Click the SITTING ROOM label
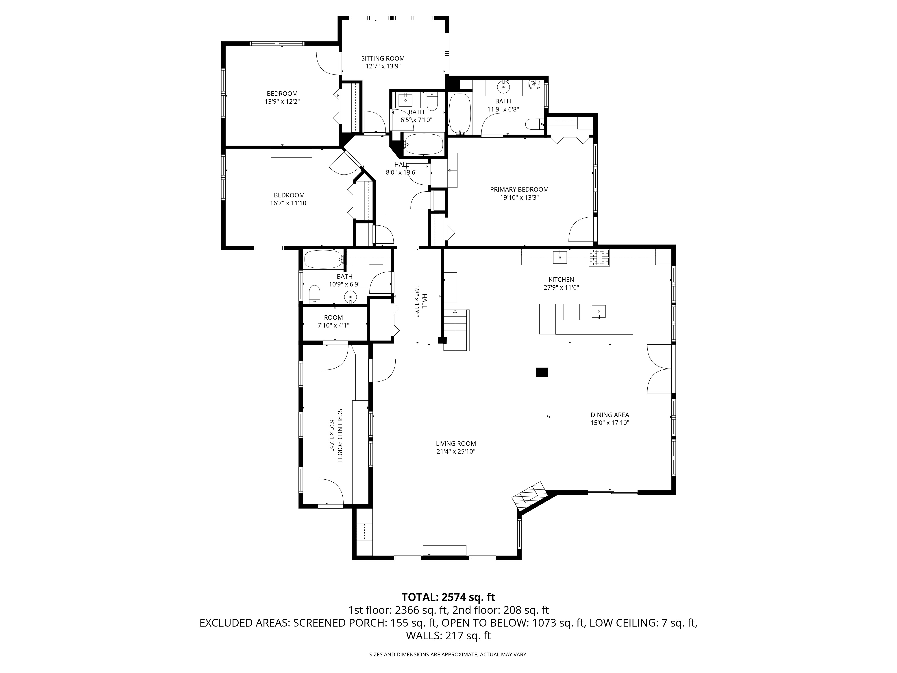point(383,58)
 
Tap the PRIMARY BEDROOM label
point(519,189)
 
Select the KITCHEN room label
point(561,280)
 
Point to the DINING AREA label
point(610,415)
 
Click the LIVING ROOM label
point(456,443)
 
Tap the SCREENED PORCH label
point(340,435)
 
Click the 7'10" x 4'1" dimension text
point(333,325)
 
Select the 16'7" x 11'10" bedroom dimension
point(289,203)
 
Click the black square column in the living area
point(542,372)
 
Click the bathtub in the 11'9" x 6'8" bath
point(460,114)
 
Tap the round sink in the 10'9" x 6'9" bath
point(350,297)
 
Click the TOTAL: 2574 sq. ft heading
point(448,597)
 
